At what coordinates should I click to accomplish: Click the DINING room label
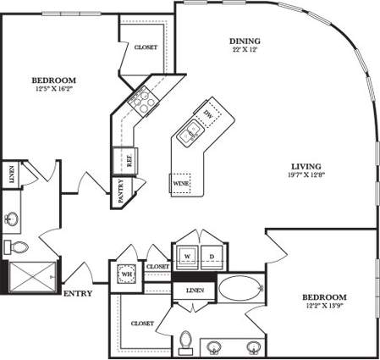245,41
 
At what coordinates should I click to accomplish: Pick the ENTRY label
79,294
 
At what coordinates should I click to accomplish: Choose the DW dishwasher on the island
209,114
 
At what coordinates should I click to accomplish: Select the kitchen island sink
190,131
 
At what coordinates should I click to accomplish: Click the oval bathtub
241,288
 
